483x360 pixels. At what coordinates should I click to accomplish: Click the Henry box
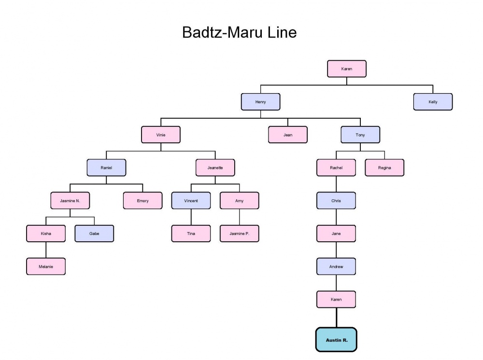tap(260, 102)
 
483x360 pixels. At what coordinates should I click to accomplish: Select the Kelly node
tap(433, 102)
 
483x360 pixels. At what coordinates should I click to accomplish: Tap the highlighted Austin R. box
tap(336, 340)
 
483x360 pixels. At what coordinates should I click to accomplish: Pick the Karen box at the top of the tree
tap(346, 69)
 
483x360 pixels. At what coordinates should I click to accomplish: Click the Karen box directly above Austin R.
tap(336, 299)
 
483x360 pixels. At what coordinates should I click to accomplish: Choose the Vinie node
tap(161, 135)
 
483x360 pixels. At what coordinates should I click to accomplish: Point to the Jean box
tap(288, 135)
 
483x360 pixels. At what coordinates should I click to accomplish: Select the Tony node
tap(360, 135)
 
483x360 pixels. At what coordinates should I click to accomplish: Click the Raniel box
tap(106, 167)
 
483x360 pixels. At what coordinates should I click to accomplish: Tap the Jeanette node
tap(215, 167)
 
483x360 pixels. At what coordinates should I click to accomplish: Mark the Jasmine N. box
tap(70, 200)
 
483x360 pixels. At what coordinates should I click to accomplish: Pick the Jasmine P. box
tap(239, 234)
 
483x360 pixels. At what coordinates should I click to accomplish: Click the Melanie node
tap(46, 266)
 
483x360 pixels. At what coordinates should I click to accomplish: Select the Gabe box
tap(94, 234)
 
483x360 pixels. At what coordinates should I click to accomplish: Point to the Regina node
tap(384, 167)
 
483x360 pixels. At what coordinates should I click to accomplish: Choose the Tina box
tap(191, 234)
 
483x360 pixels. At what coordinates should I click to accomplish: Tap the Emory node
tap(142, 200)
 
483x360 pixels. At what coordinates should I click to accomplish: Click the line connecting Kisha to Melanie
tap(46, 250)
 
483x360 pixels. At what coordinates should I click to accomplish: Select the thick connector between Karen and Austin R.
tap(336, 318)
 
